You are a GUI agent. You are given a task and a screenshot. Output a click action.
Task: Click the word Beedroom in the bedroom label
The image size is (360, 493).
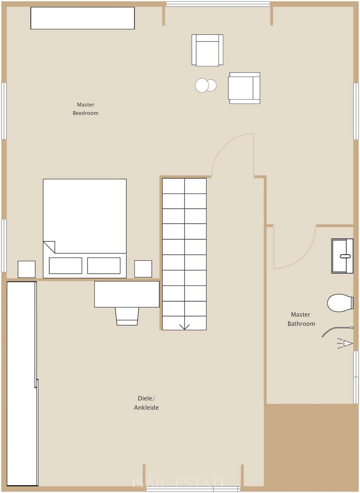(85, 113)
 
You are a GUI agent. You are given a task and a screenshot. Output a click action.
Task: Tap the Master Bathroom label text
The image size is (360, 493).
(301, 319)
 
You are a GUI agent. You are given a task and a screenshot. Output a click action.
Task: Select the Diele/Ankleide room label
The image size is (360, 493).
(146, 403)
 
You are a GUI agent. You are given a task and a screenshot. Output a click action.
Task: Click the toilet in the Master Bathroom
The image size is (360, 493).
(340, 303)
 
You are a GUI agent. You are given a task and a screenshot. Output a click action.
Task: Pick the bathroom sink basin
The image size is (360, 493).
(342, 256)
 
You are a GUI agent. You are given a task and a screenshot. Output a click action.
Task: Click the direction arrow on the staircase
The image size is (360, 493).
(184, 327)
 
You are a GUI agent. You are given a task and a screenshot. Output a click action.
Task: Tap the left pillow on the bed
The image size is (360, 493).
(65, 266)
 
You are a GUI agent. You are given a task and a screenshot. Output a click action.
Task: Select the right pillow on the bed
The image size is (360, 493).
(104, 266)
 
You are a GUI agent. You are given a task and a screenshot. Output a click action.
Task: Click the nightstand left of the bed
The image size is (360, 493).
(27, 269)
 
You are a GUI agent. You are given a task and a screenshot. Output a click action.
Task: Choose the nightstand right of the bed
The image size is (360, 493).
(143, 269)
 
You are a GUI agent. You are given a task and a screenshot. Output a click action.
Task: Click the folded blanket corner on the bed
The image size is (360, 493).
(49, 247)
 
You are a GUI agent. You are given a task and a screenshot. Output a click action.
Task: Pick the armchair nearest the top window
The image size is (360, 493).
(207, 50)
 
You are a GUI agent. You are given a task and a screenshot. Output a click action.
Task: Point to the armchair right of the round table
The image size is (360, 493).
(244, 88)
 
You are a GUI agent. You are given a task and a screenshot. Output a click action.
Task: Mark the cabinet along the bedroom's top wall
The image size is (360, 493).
(82, 18)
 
